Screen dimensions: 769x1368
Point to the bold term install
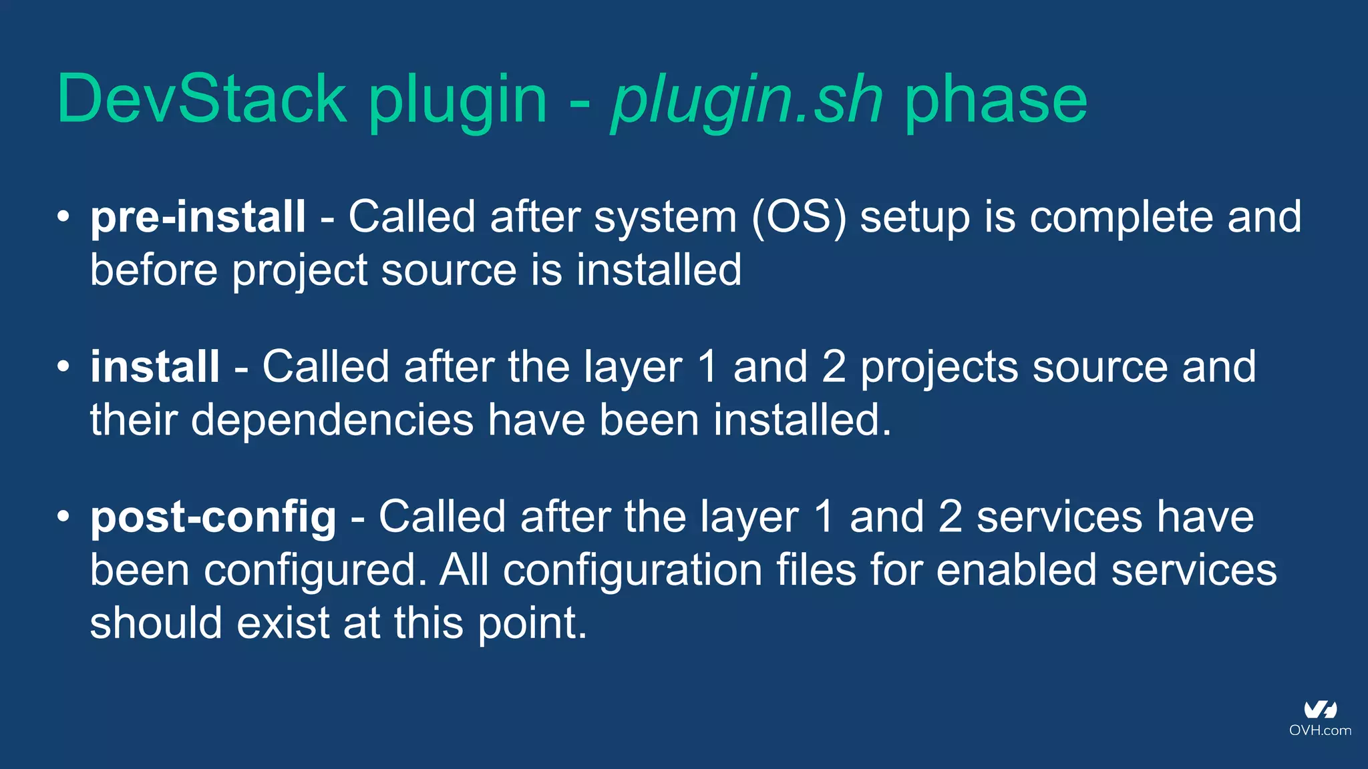pyautogui.click(x=155, y=366)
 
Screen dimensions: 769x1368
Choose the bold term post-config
pyautogui.click(x=213, y=517)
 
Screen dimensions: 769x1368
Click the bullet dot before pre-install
pyautogui.click(x=63, y=216)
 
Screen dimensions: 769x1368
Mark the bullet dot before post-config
pyautogui.click(x=63, y=517)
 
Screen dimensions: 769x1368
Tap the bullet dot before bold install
pyautogui.click(x=63, y=366)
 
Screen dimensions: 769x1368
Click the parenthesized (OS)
pyautogui.click(x=799, y=217)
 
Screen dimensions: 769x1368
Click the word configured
pyautogui.click(x=315, y=571)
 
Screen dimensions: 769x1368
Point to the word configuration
pyautogui.click(x=633, y=571)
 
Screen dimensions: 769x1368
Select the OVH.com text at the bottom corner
pyautogui.click(x=1320, y=730)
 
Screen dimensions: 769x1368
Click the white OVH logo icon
pyautogui.click(x=1320, y=710)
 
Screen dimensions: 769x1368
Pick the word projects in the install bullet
pyautogui.click(x=938, y=368)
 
